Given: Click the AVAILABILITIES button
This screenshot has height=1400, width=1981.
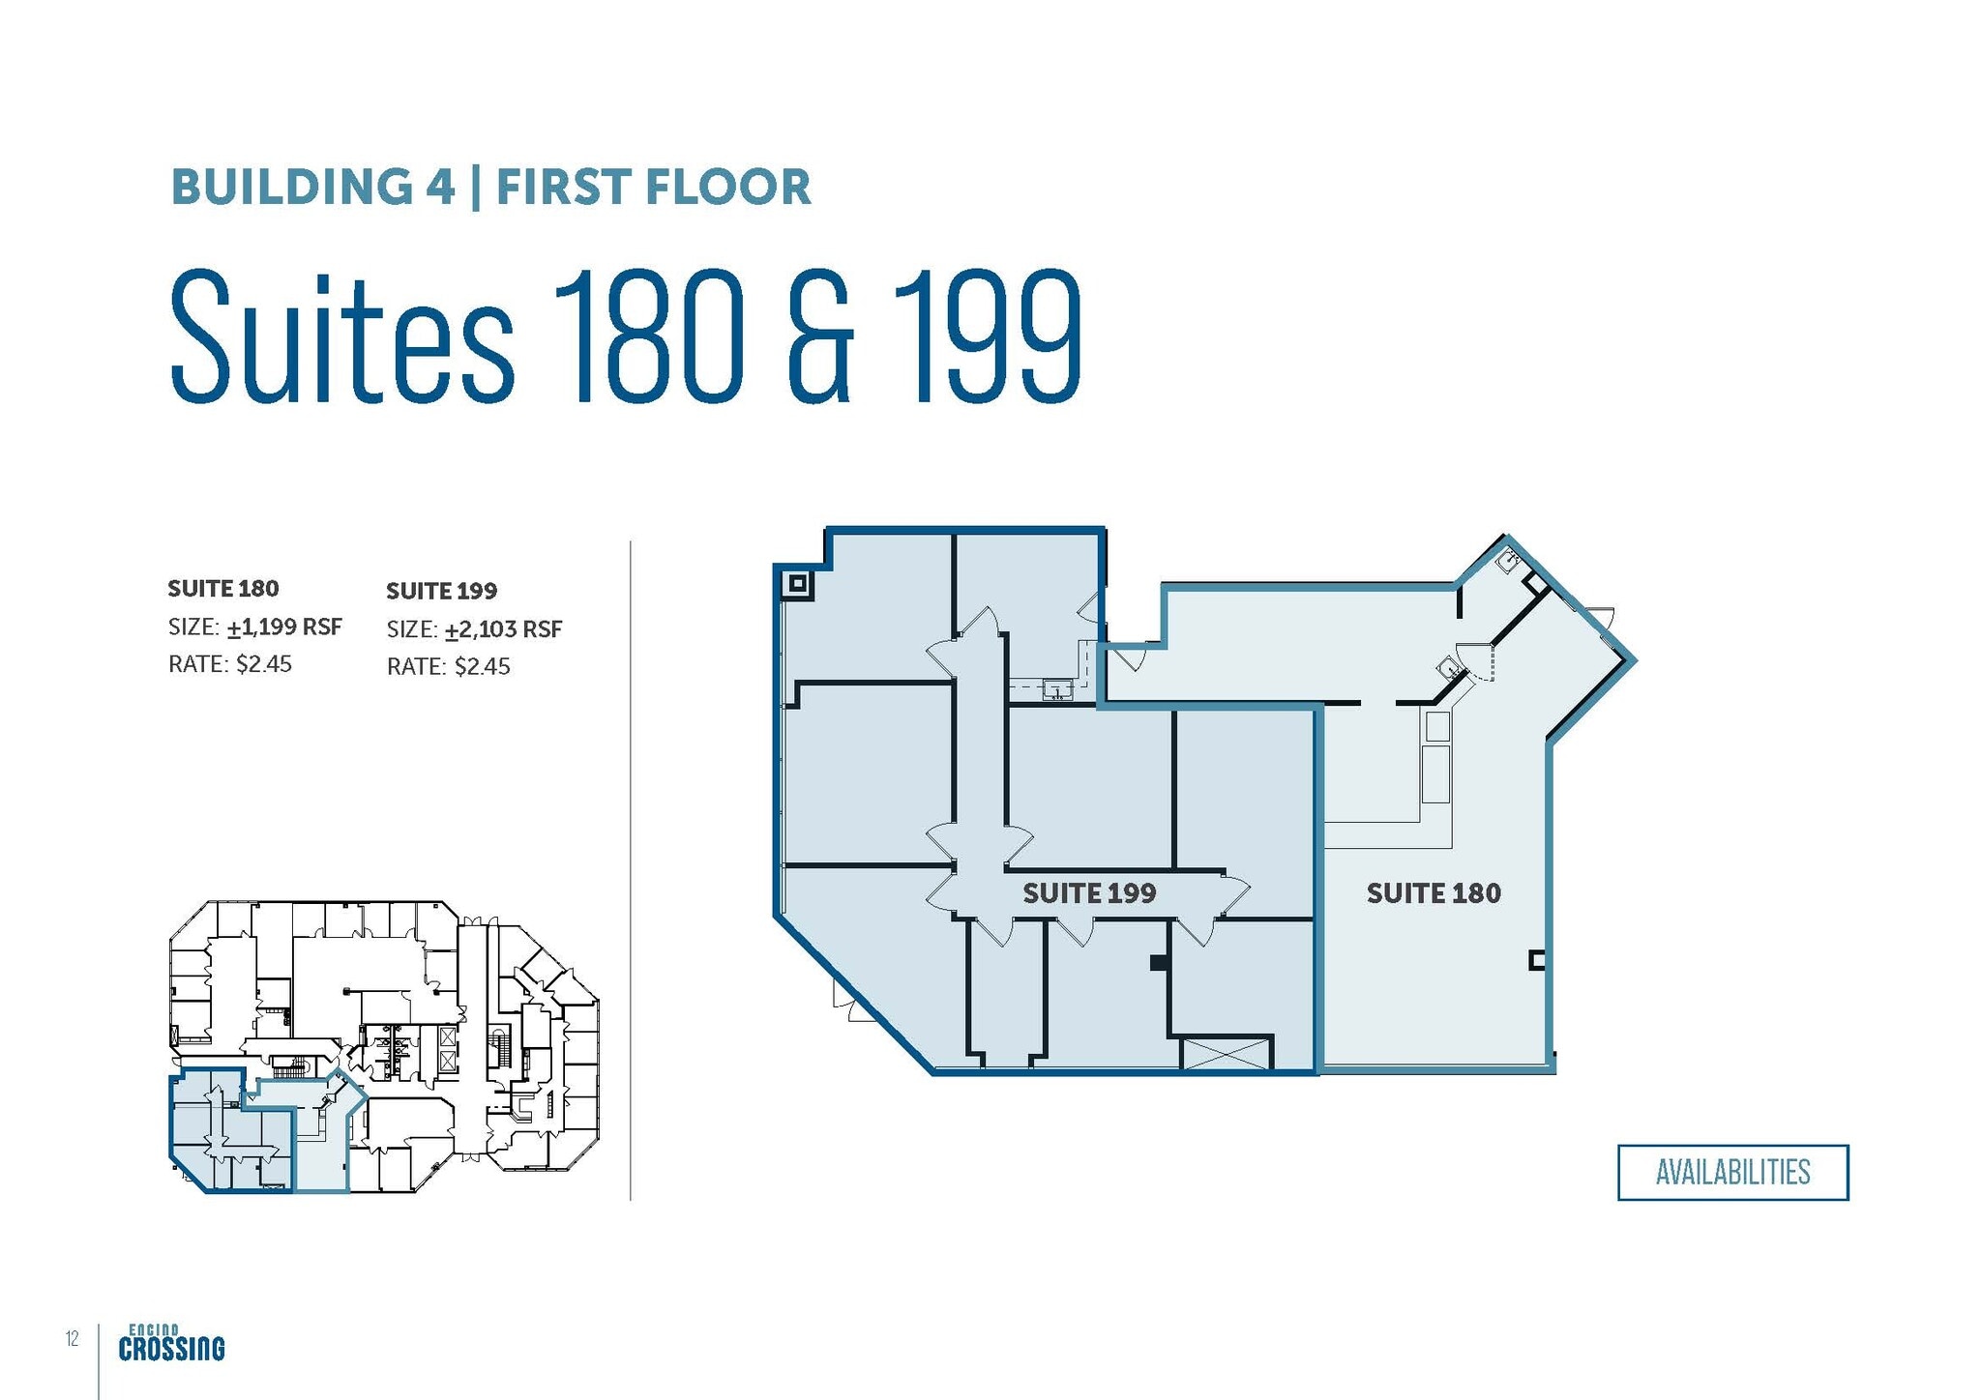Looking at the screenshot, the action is coord(1732,1172).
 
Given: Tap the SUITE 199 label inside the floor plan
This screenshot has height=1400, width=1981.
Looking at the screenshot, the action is coord(1089,893).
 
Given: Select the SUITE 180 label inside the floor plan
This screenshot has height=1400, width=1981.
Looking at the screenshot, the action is coord(1434,893).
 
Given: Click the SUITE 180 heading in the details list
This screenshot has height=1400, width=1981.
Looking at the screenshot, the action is coord(223,589).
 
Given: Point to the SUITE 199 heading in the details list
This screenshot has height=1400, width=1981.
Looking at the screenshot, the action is coord(442,591).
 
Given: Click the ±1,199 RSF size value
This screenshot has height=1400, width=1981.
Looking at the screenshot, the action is coord(285,627).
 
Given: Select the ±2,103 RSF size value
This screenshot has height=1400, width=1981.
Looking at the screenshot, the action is coord(504,630).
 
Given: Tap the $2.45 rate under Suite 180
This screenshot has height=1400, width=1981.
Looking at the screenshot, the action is coord(264,664).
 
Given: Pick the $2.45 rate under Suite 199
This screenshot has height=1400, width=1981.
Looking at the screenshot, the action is coord(483,666).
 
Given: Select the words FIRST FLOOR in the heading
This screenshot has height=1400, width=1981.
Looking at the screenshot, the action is coord(654,187).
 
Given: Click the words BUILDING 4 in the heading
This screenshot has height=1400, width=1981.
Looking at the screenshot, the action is coord(313,187).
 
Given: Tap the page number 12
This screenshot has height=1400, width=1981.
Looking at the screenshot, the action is coord(73,1339).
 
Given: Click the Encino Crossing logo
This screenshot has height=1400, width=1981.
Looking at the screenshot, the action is coord(172,1343).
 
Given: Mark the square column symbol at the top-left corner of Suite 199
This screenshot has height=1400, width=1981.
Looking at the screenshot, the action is coord(798,583).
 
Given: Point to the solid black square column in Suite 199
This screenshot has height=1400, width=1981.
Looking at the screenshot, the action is coord(1158,963).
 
